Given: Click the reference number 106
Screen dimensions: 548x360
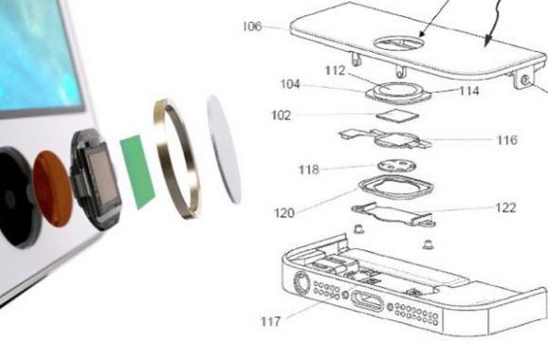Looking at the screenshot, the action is [252, 27].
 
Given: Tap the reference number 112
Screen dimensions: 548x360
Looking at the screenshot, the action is [336, 70].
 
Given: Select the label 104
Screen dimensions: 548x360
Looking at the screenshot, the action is [290, 84].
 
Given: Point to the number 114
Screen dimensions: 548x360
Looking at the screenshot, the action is [469, 91].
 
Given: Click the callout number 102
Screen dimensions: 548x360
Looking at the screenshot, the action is [281, 116].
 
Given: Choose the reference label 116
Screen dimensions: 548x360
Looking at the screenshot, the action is [507, 140].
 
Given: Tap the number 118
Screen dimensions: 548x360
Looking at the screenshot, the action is [308, 170].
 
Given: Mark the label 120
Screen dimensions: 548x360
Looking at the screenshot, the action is [284, 212].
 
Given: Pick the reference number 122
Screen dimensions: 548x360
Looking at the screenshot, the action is [505, 207].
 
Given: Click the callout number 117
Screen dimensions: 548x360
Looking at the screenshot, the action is [270, 321].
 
